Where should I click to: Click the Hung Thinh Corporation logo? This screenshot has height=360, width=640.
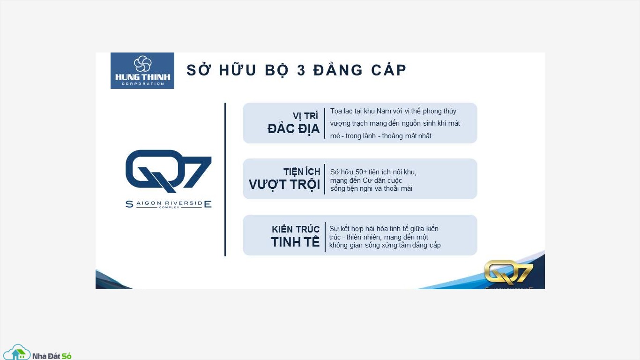142,71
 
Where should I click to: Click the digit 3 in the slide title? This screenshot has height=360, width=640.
301,70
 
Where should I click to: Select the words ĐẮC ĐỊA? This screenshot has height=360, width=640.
293,129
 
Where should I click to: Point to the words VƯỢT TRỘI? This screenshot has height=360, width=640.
284,185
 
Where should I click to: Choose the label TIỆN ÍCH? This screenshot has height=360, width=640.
302,172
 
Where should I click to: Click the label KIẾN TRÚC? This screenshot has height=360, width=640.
296,229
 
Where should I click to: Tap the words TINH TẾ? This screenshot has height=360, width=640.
295,242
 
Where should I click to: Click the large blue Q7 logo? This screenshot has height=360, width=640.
168,171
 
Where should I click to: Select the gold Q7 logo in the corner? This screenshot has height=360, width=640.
508,272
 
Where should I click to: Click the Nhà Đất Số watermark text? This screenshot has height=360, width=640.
52,356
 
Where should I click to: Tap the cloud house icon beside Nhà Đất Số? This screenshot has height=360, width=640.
17,352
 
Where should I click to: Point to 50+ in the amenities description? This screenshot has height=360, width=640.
361,172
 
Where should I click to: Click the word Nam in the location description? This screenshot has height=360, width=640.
384,111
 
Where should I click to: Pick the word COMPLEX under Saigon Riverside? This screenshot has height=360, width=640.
169,207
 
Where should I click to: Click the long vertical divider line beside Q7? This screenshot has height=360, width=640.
225,179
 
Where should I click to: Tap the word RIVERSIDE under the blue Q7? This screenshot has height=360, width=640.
184,203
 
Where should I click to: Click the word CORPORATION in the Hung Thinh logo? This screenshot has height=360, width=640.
143,84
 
